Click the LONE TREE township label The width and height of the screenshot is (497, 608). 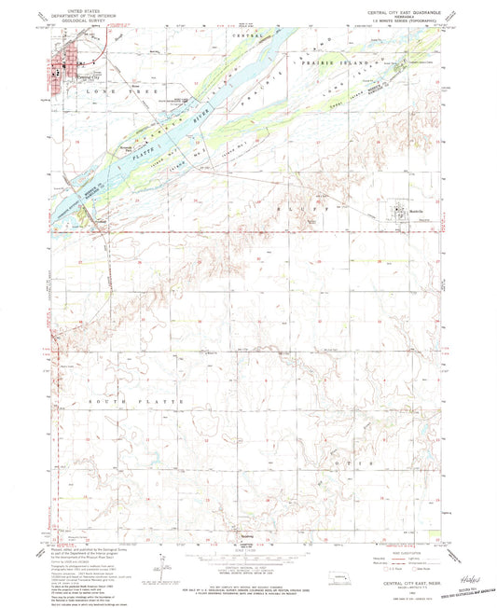(x=109, y=94)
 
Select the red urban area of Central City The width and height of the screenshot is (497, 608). (x=65, y=67)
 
